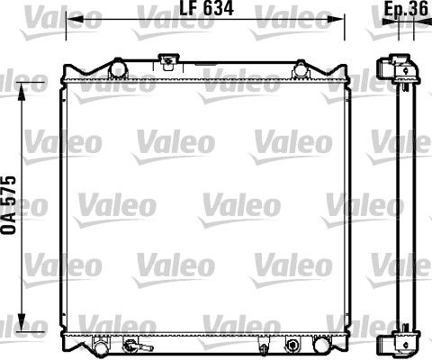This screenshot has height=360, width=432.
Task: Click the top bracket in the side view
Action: click(399, 68)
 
